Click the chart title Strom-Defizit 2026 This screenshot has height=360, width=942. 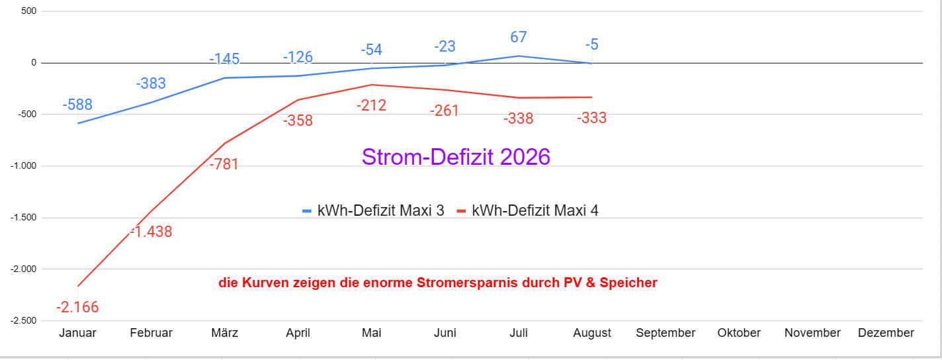pos(456,157)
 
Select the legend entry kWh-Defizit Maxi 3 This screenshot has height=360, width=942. pos(374,210)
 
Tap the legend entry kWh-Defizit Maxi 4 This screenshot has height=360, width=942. pos(528,210)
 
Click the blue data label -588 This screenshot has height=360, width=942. pos(77,105)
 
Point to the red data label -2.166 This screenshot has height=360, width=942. pos(77,307)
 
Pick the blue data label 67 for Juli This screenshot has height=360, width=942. pos(518,37)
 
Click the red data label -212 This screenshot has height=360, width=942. pos(371,105)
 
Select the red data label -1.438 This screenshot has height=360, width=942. pos(151,232)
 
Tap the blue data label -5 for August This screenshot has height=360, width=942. pos(591,44)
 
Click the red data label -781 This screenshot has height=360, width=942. pos(224,164)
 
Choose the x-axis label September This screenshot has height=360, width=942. pos(665,333)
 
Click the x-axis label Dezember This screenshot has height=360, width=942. pos(886,333)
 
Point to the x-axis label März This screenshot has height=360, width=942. pos(224,333)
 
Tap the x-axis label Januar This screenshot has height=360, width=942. pos(77,333)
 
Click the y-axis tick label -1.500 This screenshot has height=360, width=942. pos(23,218)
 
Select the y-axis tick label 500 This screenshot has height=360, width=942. pos(28,11)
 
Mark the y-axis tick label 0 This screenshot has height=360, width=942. pos(34,63)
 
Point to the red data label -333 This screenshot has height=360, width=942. pos(591,118)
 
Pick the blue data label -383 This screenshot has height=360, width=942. pos(151,83)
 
